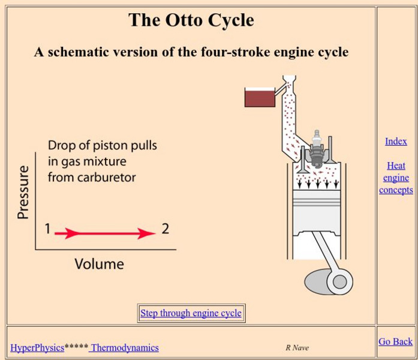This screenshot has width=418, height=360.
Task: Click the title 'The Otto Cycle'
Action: coord(191,20)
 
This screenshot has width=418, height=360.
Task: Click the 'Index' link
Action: coord(396,142)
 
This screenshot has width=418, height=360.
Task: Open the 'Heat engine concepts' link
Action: coord(396,178)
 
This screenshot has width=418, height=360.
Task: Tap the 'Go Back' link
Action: coord(395,341)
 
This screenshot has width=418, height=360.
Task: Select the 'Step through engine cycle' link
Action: coord(191,313)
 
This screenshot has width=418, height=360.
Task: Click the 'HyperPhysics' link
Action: coord(37,347)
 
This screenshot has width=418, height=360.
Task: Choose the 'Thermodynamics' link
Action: coord(125,347)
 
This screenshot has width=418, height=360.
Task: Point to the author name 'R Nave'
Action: coord(297,347)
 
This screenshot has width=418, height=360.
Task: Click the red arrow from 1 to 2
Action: coord(105,233)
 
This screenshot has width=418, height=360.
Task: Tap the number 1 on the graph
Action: coord(47,229)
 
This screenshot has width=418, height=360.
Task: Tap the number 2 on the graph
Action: coord(165,229)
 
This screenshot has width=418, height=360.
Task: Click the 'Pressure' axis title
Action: coord(23,192)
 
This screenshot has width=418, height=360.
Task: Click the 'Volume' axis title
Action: coord(99,264)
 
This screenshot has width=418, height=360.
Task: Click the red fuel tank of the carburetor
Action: coord(259,97)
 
